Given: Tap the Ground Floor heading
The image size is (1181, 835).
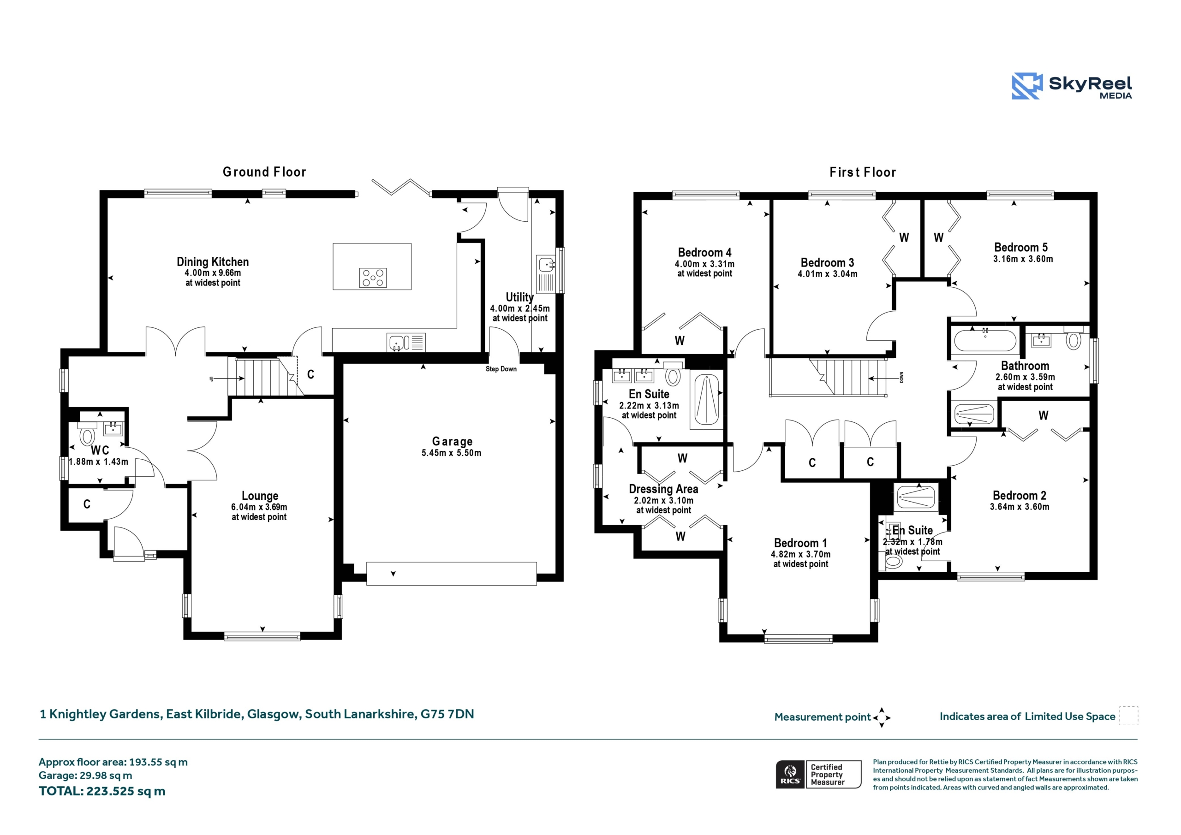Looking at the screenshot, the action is pyautogui.click(x=264, y=172).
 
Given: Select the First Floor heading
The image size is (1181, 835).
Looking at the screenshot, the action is pyautogui.click(x=863, y=172).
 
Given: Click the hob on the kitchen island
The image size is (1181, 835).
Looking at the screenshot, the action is pyautogui.click(x=373, y=278).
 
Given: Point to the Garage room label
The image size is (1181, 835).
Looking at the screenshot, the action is pyautogui.click(x=452, y=441).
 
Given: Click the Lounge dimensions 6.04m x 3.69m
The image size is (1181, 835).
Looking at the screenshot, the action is pyautogui.click(x=259, y=507).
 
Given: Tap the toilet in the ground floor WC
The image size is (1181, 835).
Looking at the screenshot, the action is pyautogui.click(x=86, y=434).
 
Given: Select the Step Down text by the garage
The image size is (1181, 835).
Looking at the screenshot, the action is pyautogui.click(x=501, y=369).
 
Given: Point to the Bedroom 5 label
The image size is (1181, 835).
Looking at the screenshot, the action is pyautogui.click(x=1020, y=247).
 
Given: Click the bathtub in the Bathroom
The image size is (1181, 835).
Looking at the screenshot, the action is pyautogui.click(x=985, y=340).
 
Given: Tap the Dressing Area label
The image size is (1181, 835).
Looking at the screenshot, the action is pyautogui.click(x=663, y=489).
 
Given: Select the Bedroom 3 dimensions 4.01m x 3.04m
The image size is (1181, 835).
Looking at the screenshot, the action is pyautogui.click(x=828, y=274).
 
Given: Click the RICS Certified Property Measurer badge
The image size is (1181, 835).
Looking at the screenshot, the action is pyautogui.click(x=818, y=774).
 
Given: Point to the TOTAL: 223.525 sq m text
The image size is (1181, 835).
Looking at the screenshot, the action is pyautogui.click(x=102, y=791).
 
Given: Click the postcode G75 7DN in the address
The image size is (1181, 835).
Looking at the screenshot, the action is pyautogui.click(x=447, y=714).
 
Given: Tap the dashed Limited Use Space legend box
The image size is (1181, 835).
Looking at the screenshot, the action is pyautogui.click(x=1128, y=716).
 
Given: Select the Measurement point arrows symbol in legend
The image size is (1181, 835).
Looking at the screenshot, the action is pyautogui.click(x=882, y=717).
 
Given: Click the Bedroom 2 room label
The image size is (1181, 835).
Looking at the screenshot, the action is pyautogui.click(x=1020, y=495).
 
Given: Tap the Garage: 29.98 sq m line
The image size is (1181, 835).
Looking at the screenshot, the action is pyautogui.click(x=85, y=776).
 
